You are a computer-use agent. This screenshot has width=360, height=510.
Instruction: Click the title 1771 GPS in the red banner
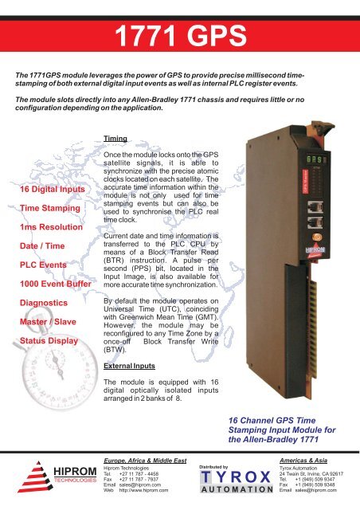180,35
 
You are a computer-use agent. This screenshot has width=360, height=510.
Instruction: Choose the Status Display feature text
48,319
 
